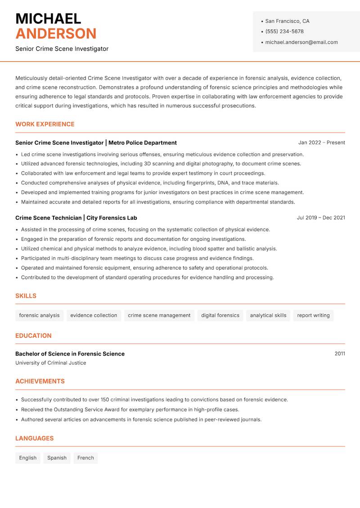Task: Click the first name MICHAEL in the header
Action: [48, 19]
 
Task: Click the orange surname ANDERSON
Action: [56, 34]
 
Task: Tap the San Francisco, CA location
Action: [287, 21]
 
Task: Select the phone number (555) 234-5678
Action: [284, 31]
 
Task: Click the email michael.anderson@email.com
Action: [301, 42]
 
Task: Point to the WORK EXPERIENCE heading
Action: [45, 124]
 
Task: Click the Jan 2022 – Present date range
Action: [321, 143]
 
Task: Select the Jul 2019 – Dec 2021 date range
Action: [321, 218]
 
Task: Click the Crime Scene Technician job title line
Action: [76, 218]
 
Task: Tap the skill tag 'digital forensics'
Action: [220, 315]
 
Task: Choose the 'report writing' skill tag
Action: [313, 315]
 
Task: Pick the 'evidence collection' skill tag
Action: [94, 315]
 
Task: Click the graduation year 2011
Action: [340, 354]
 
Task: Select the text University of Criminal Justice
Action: [50, 363]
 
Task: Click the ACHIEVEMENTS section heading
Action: [40, 381]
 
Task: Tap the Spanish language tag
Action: [57, 458]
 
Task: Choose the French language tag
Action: [85, 458]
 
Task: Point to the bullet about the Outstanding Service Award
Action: [130, 410]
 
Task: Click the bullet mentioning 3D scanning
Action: [161, 164]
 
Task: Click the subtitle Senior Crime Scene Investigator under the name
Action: [62, 49]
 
